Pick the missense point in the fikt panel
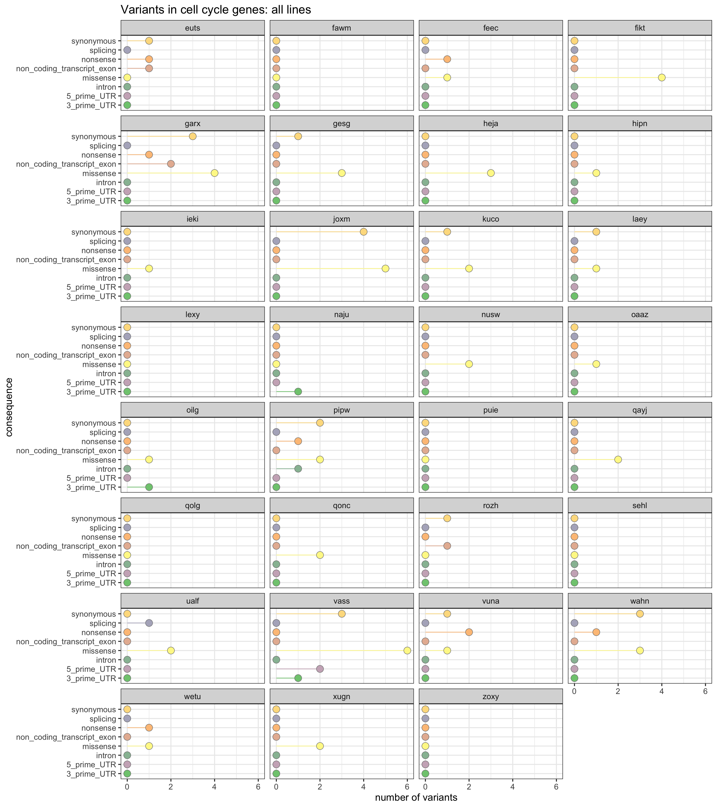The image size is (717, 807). (x=662, y=77)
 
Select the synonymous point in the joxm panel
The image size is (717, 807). (x=363, y=232)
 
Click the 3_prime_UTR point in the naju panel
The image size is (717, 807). (x=298, y=391)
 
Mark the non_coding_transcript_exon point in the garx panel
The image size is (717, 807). (x=170, y=164)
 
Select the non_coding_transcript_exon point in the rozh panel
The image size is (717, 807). (x=447, y=546)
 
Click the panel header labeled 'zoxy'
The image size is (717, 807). (x=491, y=697)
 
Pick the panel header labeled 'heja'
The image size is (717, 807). (x=491, y=123)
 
